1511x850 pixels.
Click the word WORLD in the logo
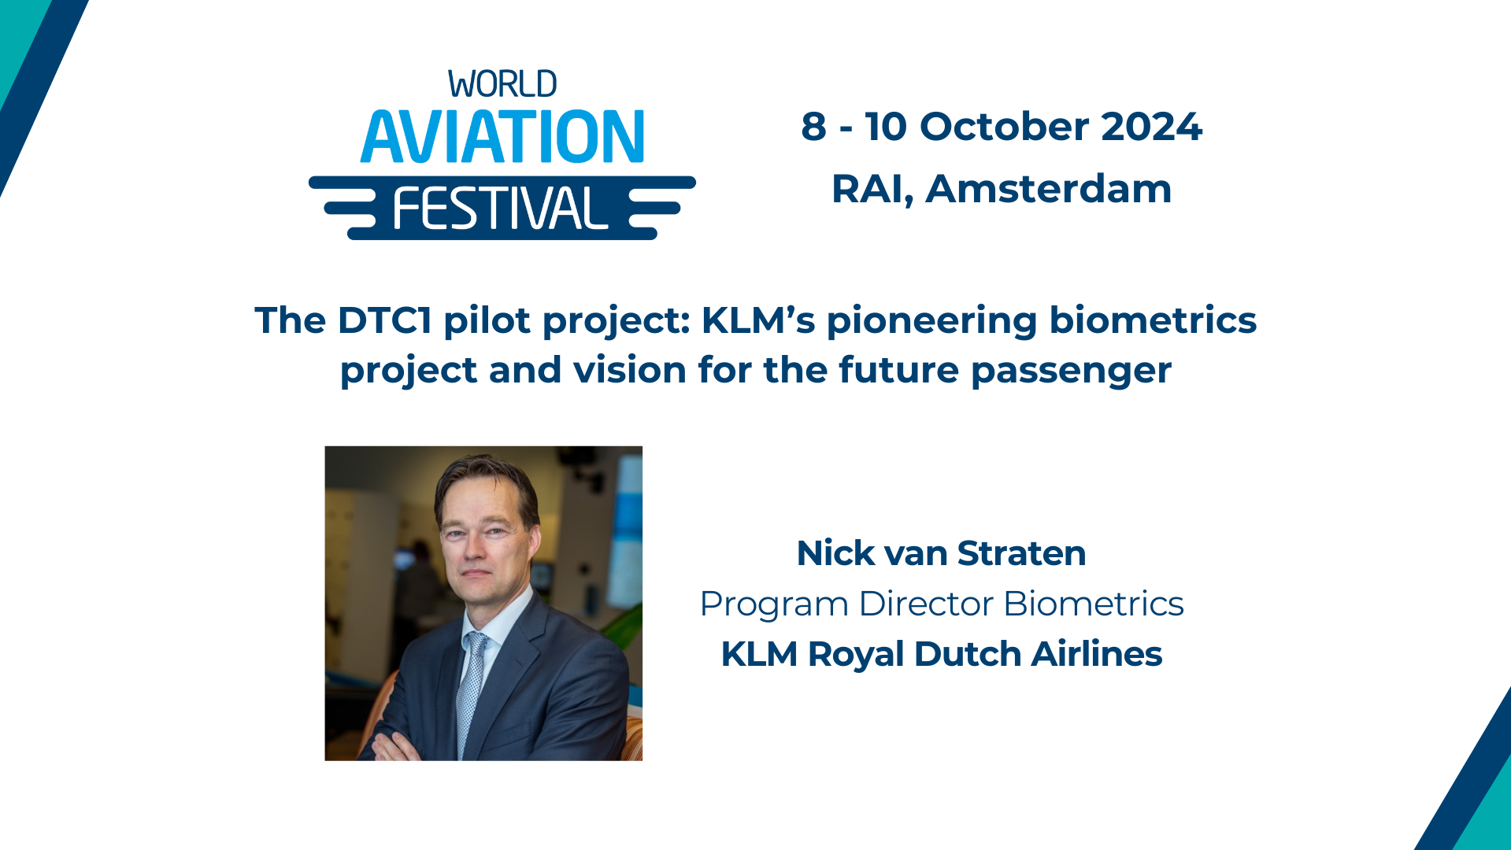502,84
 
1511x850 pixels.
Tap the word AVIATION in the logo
502,137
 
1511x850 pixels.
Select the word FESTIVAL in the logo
500,209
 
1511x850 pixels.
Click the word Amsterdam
1048,189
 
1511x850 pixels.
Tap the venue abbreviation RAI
869,189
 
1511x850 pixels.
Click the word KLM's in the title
757,320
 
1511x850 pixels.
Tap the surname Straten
1021,553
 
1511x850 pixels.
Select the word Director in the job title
926,604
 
